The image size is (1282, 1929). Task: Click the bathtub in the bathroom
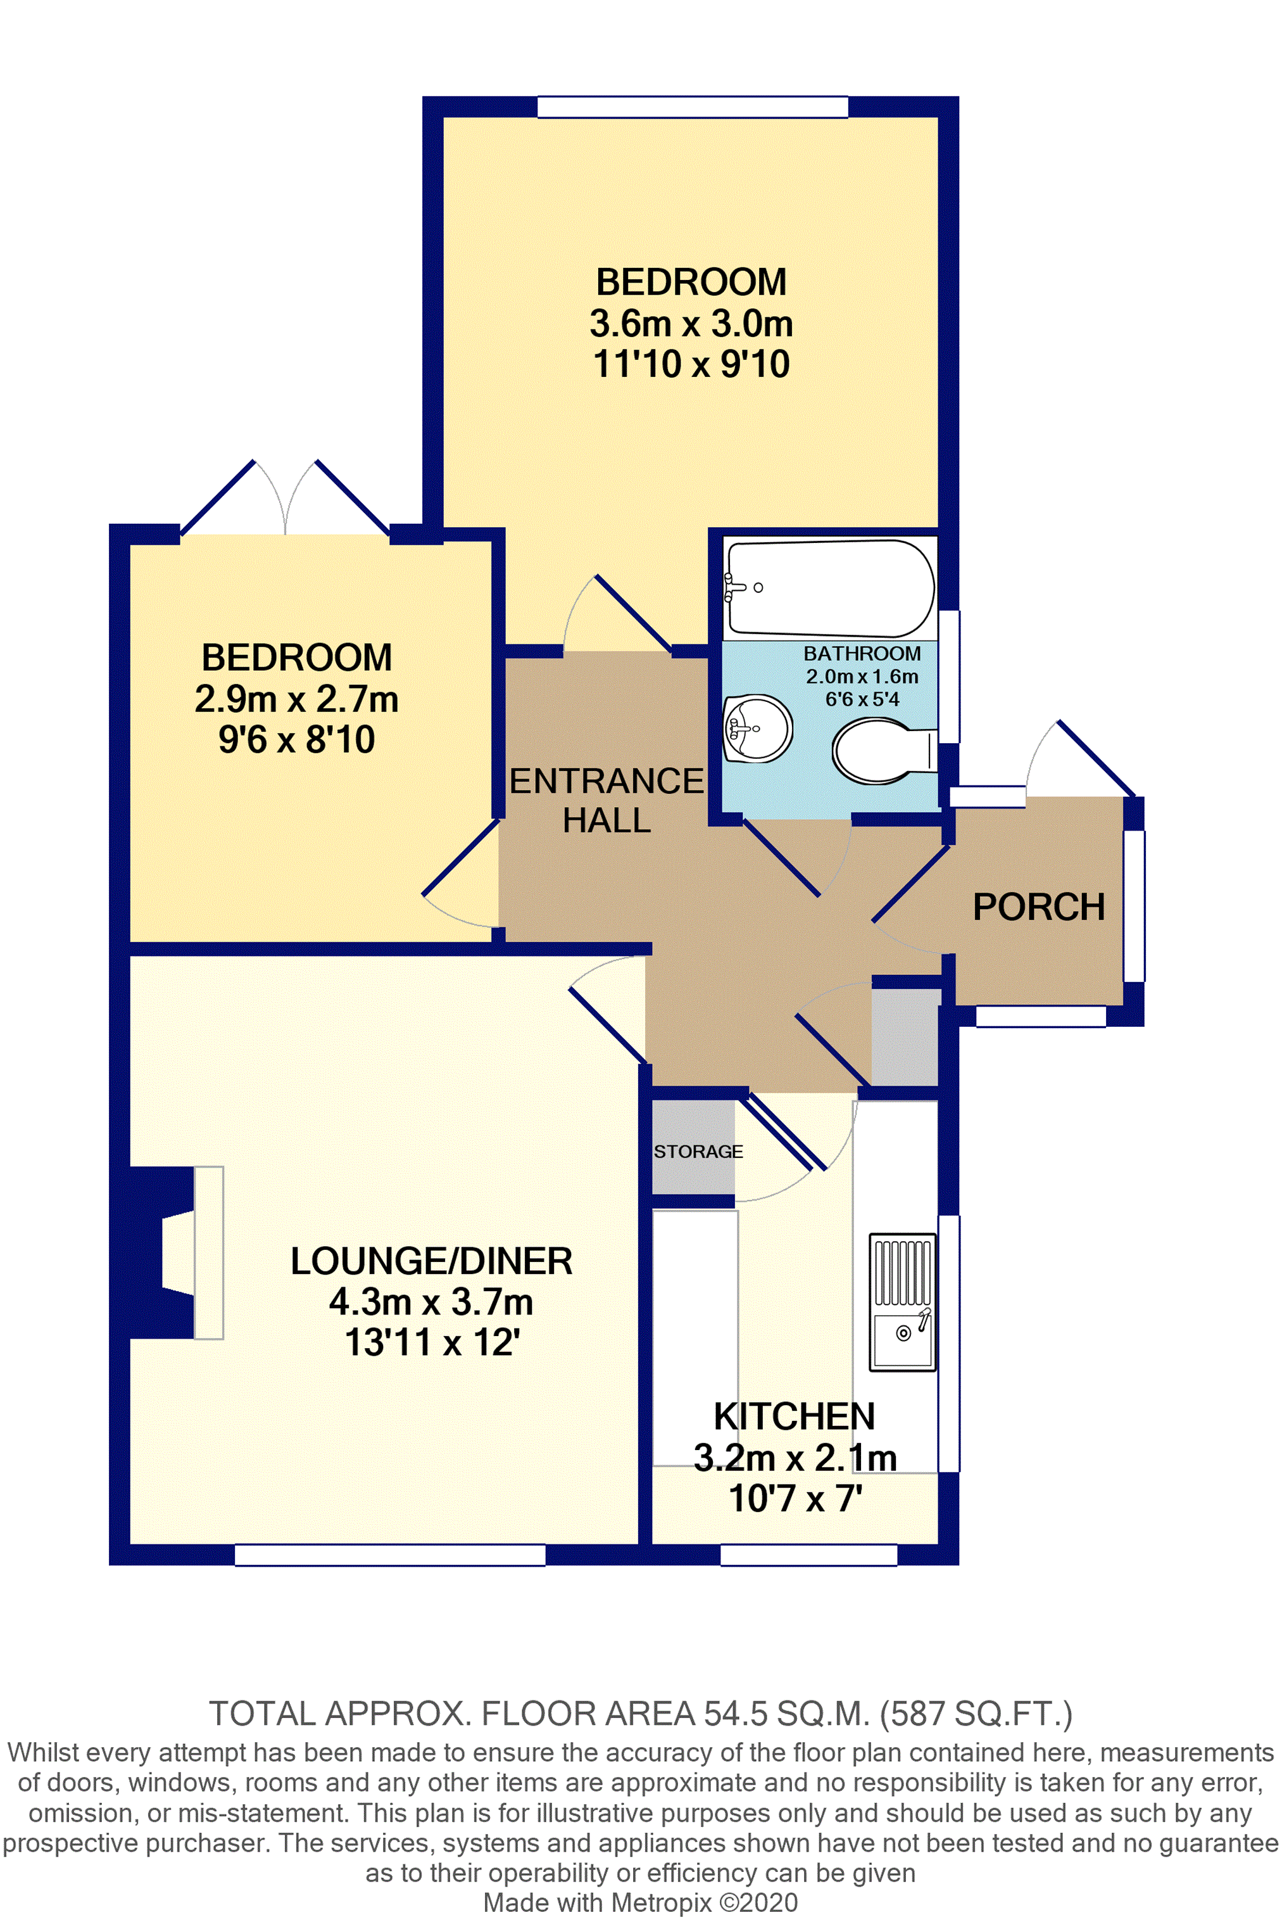pos(830,587)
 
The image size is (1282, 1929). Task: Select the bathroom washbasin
pos(758,727)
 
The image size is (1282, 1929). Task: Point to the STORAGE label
pos(698,1151)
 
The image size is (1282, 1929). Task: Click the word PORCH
pos(1038,907)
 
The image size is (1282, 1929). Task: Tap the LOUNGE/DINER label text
pos(431,1261)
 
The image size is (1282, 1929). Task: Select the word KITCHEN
pos(794,1416)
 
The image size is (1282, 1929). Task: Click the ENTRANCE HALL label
pos(606,800)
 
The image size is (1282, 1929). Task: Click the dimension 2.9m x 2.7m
pos(296,699)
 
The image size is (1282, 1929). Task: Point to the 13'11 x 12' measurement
pos(432,1342)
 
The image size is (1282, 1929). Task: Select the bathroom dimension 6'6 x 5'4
pos(862,699)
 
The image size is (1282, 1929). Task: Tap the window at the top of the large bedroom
pos(693,107)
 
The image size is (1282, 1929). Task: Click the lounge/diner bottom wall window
pos(390,1555)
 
